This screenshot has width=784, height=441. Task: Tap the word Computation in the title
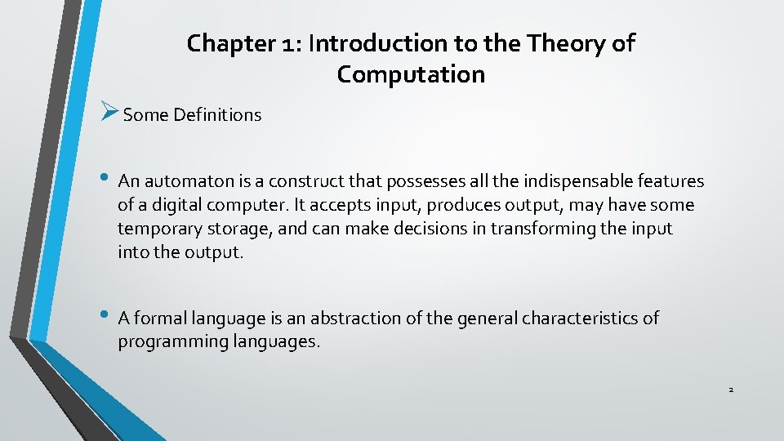click(411, 74)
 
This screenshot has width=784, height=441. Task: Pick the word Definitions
click(216, 115)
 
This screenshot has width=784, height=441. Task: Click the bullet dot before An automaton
click(108, 178)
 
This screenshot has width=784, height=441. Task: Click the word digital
click(164, 205)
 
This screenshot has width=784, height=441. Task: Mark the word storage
click(238, 229)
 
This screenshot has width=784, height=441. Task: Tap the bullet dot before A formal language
click(108, 315)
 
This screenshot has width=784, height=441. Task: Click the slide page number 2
click(731, 390)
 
